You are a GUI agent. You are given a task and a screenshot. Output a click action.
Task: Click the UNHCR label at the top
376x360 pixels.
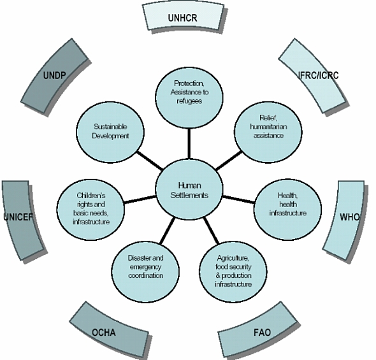pyautogui.click(x=182, y=18)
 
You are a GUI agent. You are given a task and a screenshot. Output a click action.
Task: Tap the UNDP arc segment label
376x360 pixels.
pyautogui.click(x=54, y=75)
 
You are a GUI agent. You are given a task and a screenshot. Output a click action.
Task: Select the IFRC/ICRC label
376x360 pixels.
pyautogui.click(x=319, y=75)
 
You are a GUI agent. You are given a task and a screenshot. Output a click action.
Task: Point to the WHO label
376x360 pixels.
pyautogui.click(x=350, y=217)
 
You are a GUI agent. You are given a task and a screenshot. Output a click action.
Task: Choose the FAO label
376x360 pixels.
pyautogui.click(x=263, y=333)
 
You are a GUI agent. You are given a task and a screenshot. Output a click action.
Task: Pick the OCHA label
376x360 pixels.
pyautogui.click(x=104, y=333)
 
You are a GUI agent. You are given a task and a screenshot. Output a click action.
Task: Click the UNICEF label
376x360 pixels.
pyautogui.click(x=18, y=217)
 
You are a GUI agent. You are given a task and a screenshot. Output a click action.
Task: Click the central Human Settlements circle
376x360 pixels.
pyautogui.click(x=189, y=189)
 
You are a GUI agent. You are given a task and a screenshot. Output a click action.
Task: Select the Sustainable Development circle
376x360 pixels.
pyautogui.click(x=110, y=133)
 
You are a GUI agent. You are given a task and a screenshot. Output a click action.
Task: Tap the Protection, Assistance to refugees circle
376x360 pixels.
pyautogui.click(x=189, y=97)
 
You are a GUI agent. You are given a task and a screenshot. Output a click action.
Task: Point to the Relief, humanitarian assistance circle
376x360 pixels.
pyautogui.click(x=268, y=133)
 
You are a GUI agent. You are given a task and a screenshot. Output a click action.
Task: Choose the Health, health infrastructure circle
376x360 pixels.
pyautogui.click(x=288, y=210)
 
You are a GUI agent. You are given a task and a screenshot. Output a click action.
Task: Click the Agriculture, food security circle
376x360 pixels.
pyautogui.click(x=233, y=271)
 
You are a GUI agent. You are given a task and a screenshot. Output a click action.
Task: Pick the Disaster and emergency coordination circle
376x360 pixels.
pyautogui.click(x=145, y=271)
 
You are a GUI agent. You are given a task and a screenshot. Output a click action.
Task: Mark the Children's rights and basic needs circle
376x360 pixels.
pyautogui.click(x=91, y=210)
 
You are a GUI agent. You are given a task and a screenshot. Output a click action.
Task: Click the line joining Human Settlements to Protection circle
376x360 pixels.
pyautogui.click(x=189, y=143)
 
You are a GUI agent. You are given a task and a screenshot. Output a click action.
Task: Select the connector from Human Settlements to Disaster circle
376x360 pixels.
pyautogui.click(x=168, y=230)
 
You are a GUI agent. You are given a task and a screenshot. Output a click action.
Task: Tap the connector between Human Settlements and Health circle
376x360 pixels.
pyautogui.click(x=238, y=199)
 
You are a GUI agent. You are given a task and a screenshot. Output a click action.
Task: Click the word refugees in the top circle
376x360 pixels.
pyautogui.click(x=189, y=101)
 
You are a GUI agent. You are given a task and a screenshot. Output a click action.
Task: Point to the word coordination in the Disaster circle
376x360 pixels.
pyautogui.click(x=145, y=275)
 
